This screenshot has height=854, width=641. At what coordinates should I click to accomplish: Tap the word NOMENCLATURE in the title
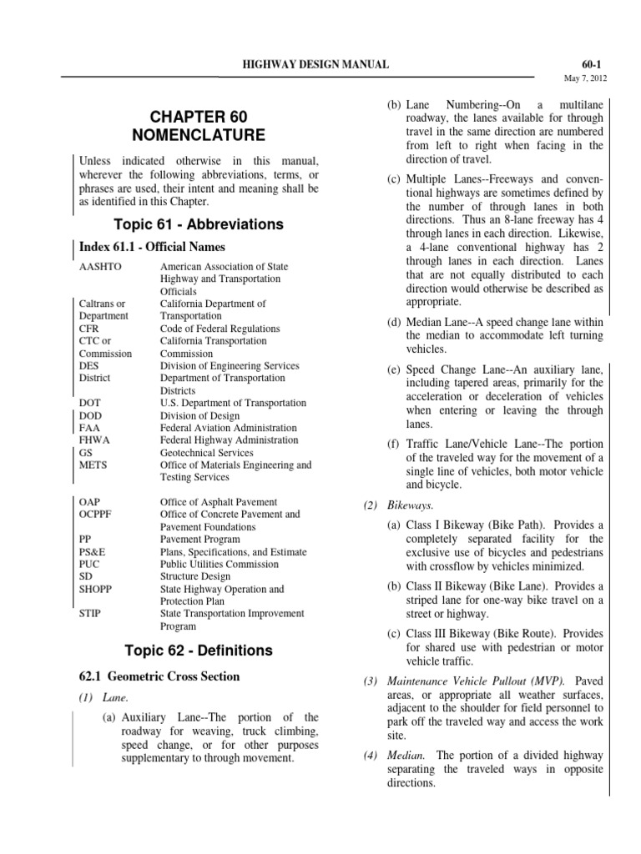(x=199, y=134)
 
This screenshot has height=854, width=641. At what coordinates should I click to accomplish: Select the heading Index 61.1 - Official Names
(x=153, y=248)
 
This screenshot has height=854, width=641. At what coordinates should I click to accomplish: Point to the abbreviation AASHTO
(x=98, y=267)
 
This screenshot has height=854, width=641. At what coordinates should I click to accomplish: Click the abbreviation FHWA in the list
(x=94, y=440)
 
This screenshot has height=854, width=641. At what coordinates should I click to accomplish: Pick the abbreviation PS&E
(x=93, y=552)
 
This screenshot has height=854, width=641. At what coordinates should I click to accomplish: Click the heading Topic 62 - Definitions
(x=188, y=650)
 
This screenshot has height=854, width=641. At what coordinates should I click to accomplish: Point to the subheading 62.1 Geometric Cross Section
(x=159, y=676)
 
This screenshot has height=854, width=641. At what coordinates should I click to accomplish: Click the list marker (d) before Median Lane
(x=392, y=323)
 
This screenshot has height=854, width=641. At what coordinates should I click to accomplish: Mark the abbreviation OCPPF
(x=98, y=515)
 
